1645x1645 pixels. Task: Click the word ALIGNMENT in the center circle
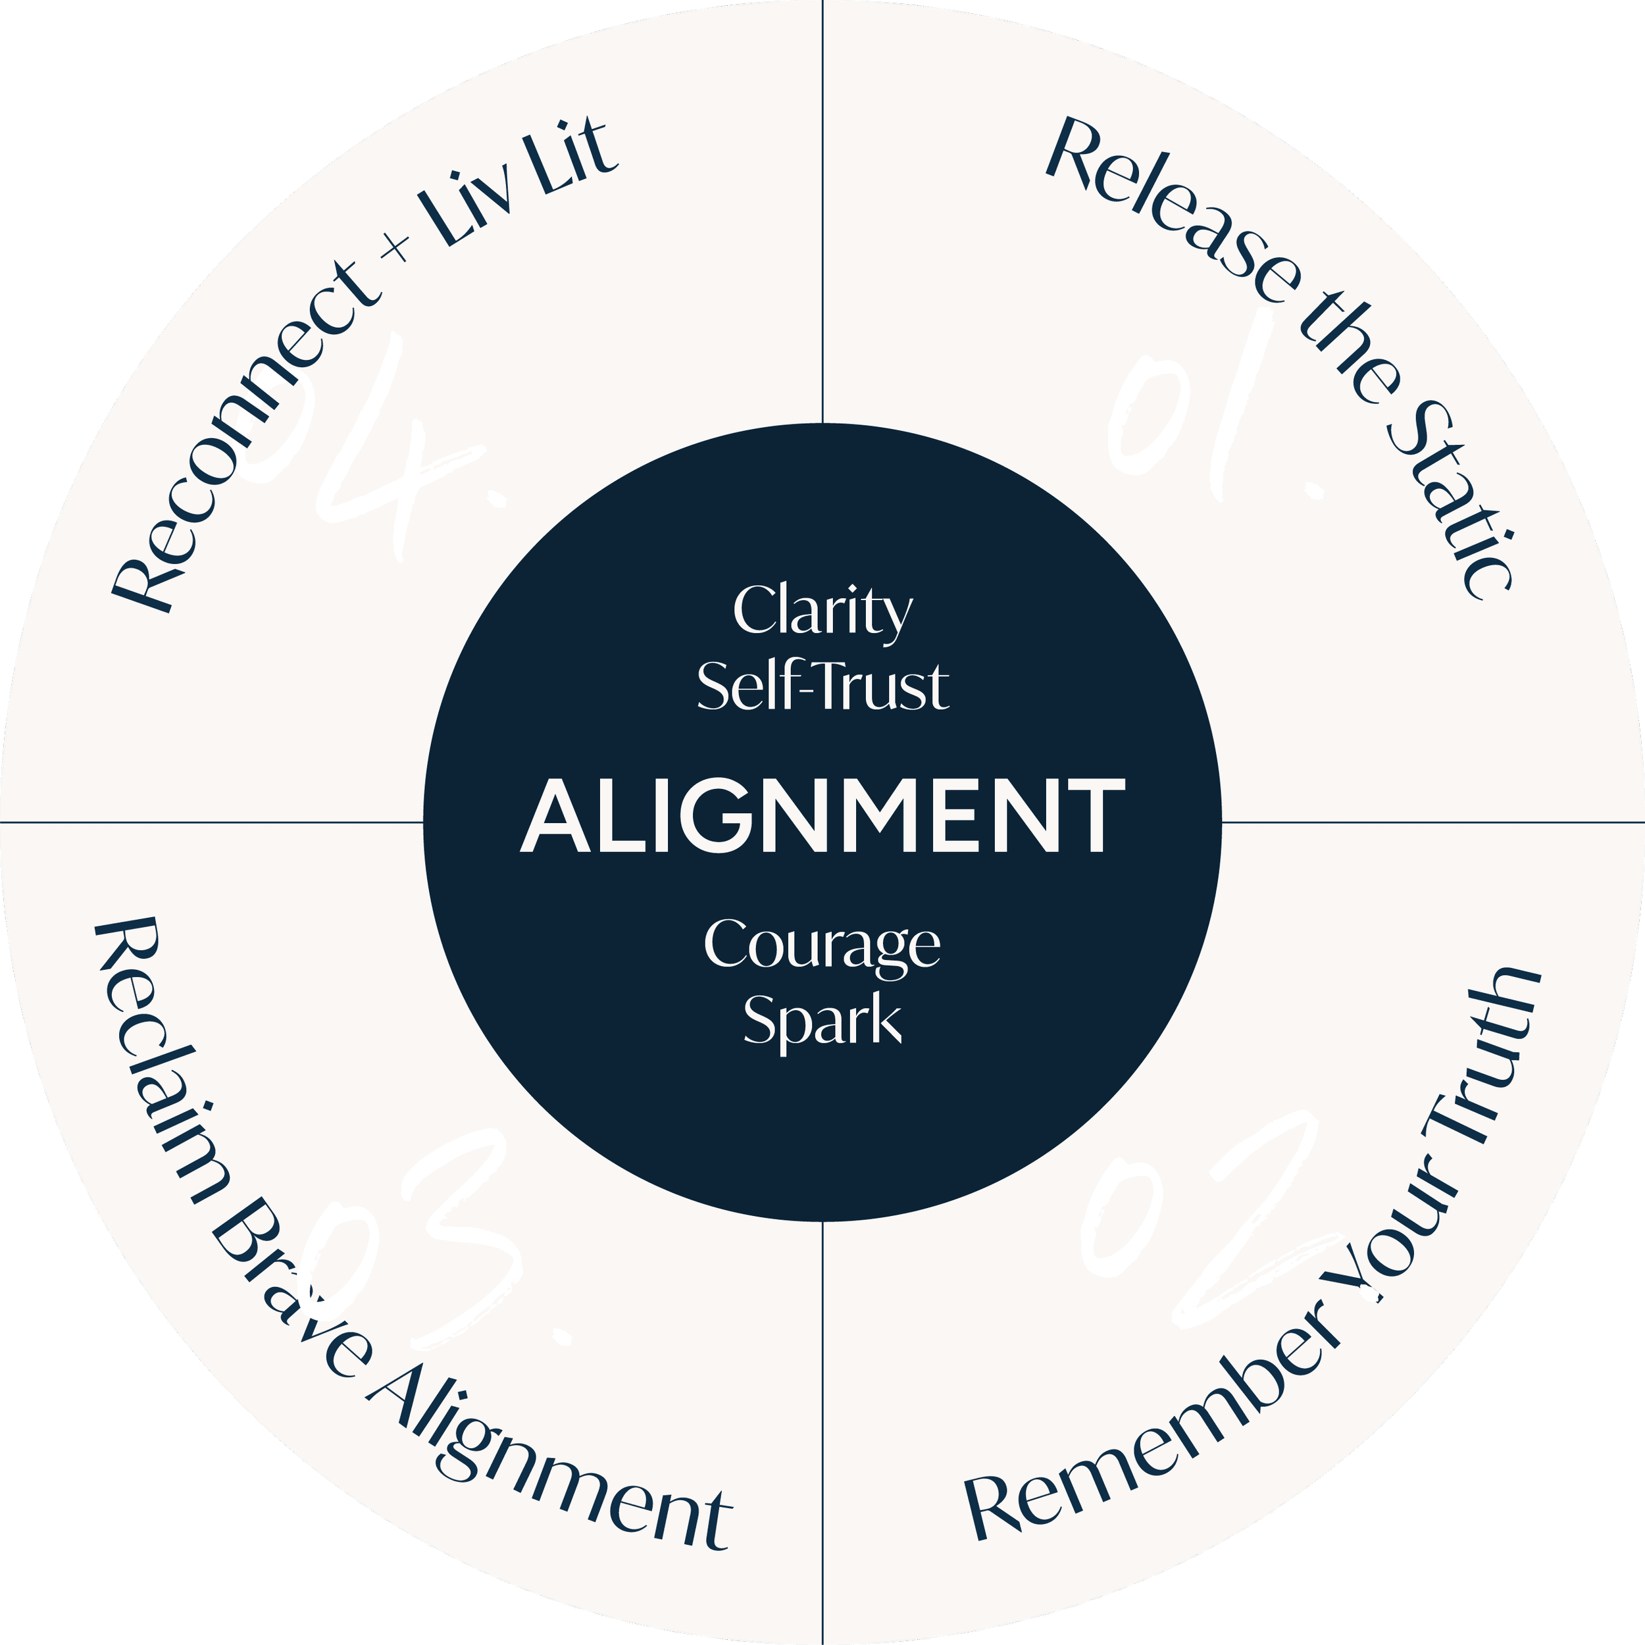(x=822, y=815)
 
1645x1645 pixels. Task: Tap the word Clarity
(x=822, y=611)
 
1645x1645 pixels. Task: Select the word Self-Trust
(x=822, y=686)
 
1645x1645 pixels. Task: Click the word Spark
(x=822, y=1019)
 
